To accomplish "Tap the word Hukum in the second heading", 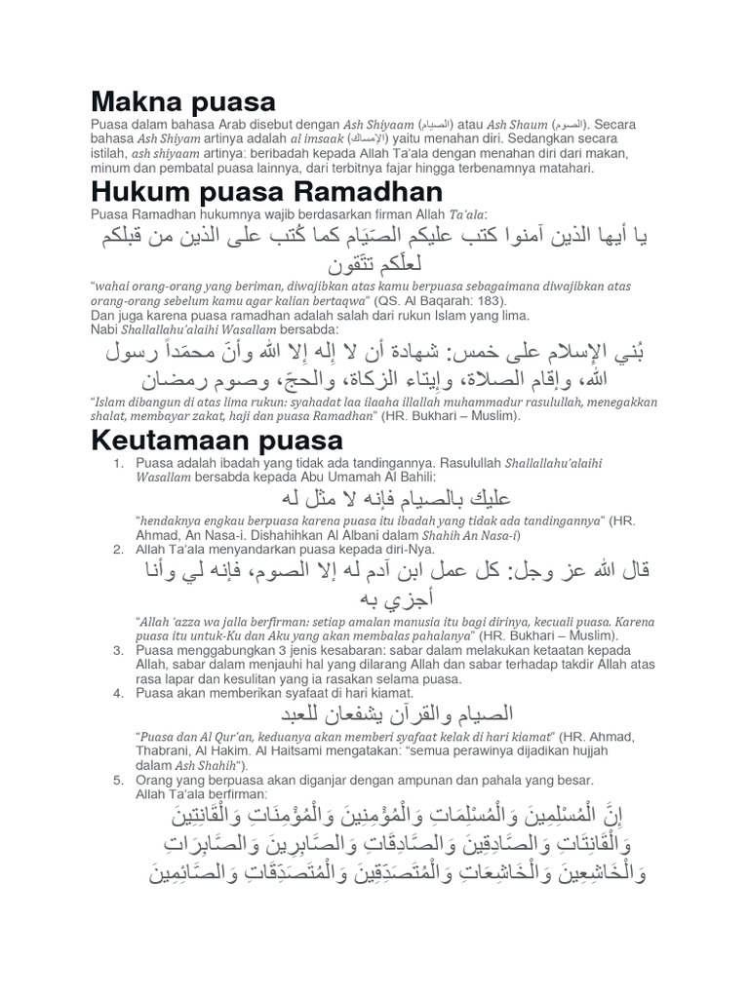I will (x=136, y=191).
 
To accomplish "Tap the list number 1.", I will (x=117, y=463).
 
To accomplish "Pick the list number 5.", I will (x=117, y=781).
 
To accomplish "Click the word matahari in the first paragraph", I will (x=563, y=168).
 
